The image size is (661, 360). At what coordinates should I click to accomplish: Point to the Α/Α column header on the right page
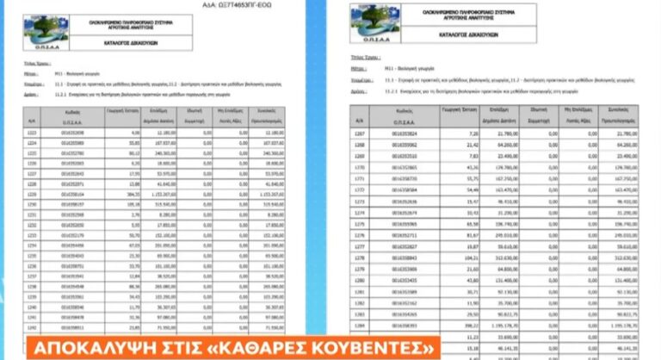pyautogui.click(x=360, y=117)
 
